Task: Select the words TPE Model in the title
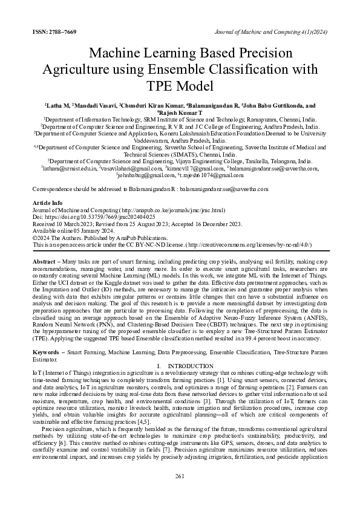click(180, 85)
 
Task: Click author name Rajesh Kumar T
click(180, 112)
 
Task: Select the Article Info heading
click(47, 203)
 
